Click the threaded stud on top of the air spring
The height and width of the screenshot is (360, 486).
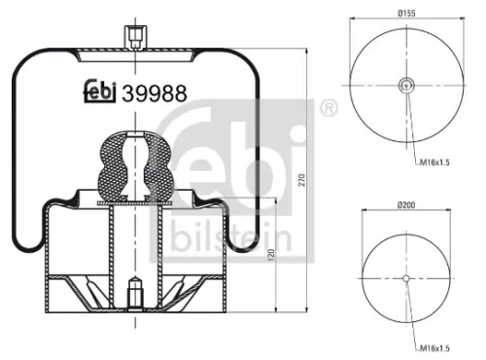(133, 37)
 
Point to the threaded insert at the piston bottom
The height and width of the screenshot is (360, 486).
(133, 291)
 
